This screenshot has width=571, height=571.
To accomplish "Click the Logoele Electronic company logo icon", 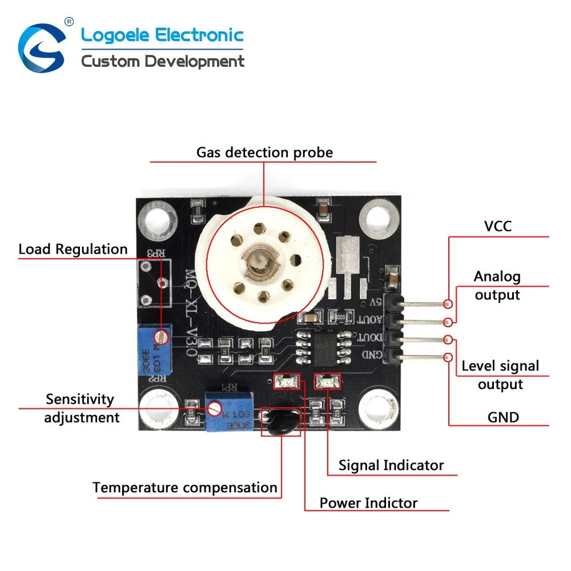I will point(42,46).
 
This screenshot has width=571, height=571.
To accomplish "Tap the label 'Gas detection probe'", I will point(264,152).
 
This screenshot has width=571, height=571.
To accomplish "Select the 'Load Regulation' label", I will point(73,249).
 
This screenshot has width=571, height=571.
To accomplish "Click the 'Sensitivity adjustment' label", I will point(81,408).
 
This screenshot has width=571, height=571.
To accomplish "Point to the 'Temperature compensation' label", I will point(184,488).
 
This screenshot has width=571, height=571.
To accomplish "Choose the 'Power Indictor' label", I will point(368,503).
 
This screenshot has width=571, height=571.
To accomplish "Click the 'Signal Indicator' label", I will point(391,465).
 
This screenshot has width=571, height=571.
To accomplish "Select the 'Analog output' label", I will point(497,285).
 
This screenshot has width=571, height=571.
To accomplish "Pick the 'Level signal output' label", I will point(500,375).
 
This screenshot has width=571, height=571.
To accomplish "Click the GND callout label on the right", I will point(503,417).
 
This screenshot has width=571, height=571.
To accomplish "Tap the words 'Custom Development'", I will point(163,61).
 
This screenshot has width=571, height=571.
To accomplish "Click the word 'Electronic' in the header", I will point(200,35).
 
